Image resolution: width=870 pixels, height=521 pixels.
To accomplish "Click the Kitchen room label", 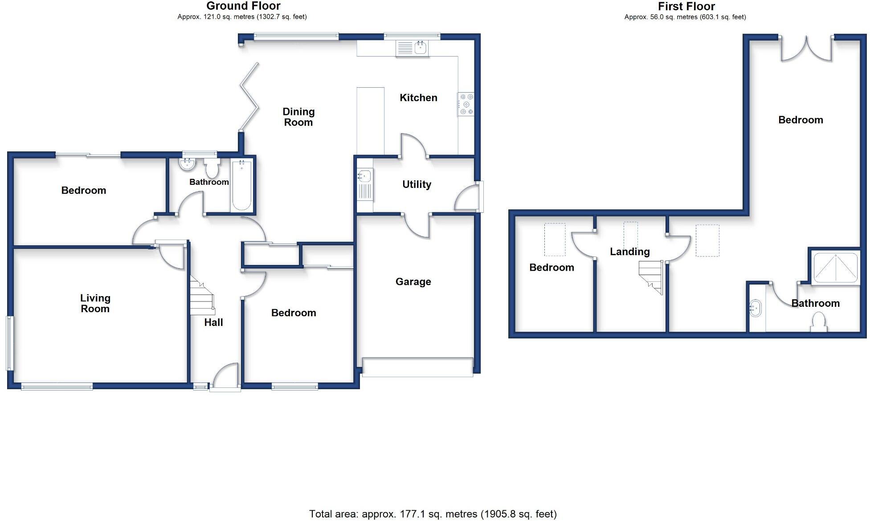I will point(418,98).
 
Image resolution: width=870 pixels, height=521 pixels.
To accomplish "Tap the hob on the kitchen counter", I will point(466,105).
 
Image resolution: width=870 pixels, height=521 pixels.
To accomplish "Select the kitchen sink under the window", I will point(412,48).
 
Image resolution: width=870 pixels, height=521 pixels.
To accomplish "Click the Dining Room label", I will point(298,117).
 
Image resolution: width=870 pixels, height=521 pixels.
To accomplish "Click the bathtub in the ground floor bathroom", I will point(241,185).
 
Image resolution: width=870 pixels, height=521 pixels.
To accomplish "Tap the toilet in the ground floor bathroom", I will point(212,168).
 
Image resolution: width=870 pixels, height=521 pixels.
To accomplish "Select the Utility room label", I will point(417,184).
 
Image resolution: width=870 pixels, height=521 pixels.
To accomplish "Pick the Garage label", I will point(413,282).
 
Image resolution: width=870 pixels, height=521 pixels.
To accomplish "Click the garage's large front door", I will point(417,367).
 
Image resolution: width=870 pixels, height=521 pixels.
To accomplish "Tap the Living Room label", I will point(95,303).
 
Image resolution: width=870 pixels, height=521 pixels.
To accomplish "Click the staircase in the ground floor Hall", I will point(201,296).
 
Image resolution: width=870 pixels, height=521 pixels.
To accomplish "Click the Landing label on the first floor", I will point(629,252).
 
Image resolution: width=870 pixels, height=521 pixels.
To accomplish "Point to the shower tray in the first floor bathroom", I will point(835,268).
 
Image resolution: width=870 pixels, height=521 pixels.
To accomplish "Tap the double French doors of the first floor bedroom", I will point(806,49).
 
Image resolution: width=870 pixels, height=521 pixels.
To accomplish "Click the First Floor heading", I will point(686,6).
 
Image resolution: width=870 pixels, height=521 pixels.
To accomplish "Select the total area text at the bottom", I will point(433,514).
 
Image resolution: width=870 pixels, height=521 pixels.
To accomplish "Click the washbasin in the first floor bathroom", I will point(756,308).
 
